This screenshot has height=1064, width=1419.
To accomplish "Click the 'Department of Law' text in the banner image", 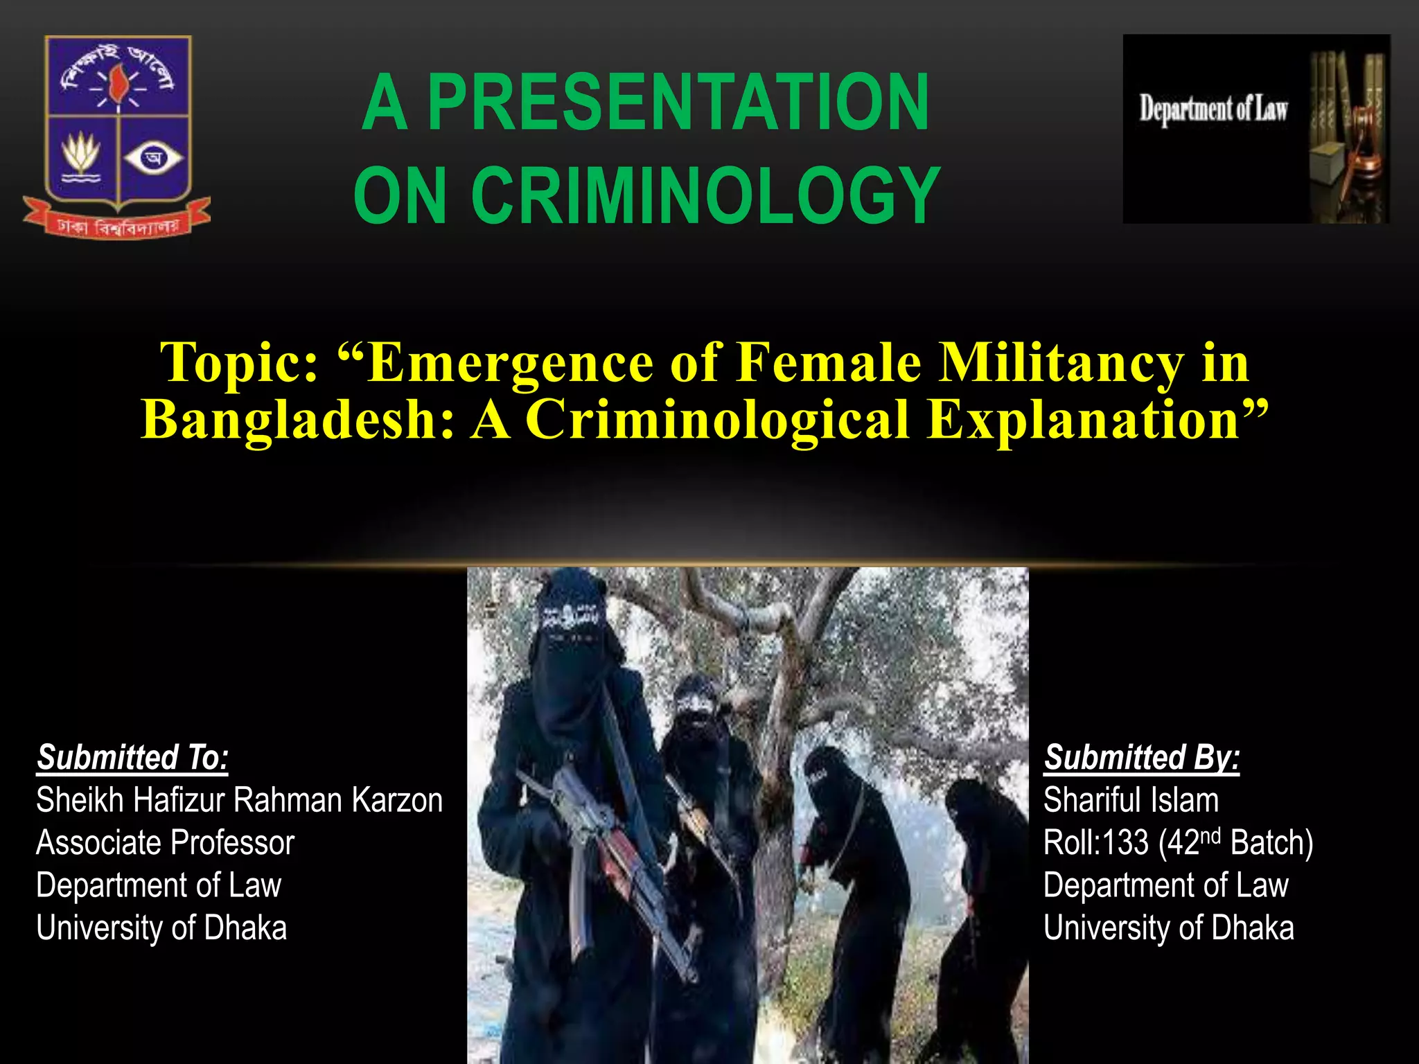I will (x=1213, y=109).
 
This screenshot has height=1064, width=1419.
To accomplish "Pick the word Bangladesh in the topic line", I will (x=297, y=419).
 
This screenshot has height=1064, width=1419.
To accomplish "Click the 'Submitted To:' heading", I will (x=132, y=757).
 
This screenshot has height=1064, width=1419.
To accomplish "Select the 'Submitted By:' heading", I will (x=1142, y=757).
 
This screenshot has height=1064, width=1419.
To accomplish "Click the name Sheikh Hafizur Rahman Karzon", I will (x=239, y=800).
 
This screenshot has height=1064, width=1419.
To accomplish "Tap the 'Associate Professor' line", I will (x=165, y=843).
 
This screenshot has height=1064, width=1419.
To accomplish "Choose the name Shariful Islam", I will (x=1131, y=800).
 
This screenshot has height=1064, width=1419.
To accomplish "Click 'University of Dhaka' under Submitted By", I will (x=1168, y=928).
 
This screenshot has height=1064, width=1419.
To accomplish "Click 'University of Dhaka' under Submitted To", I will (x=161, y=928).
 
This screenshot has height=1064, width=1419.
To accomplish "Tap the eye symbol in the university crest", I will (x=153, y=159).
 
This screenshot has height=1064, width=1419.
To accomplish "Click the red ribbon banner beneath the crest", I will (x=117, y=222).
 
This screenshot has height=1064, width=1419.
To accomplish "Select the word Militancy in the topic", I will (x=1060, y=362).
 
